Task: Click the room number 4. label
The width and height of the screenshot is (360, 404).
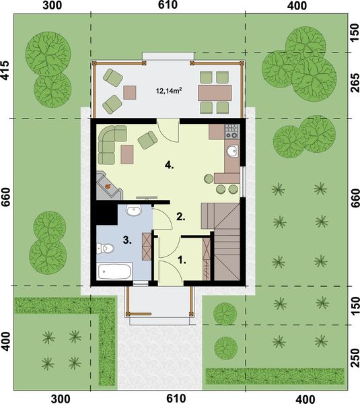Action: tap(171, 164)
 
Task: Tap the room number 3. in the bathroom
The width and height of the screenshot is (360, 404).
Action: tap(127, 239)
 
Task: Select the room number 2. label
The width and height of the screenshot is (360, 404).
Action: tap(180, 216)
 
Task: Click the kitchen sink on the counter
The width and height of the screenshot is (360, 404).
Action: tap(232, 150)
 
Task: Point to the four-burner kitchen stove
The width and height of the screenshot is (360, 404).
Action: tap(232, 130)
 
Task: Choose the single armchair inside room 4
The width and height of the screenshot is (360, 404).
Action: tap(147, 139)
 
